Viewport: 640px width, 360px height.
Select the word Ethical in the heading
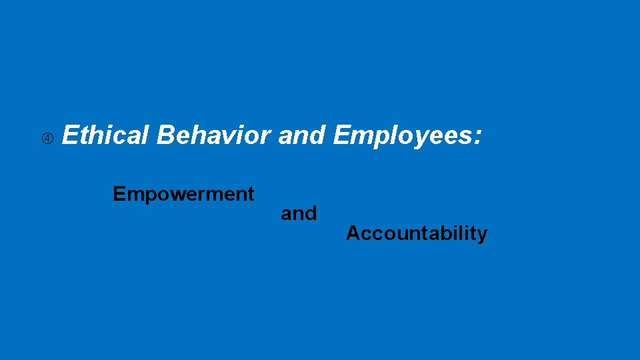[106, 135]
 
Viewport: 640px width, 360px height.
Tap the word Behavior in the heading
[213, 135]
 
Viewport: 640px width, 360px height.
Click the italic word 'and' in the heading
[301, 135]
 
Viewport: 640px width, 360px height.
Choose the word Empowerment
[183, 194]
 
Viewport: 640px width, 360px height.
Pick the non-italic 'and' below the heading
[299, 214]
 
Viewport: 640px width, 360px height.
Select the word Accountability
[417, 234]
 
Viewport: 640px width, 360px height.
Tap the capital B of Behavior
[166, 135]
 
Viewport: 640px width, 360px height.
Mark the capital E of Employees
[341, 135]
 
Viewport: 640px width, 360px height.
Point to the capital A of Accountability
[353, 233]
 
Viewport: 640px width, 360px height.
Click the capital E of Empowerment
[119, 194]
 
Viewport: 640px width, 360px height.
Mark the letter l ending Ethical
[147, 135]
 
